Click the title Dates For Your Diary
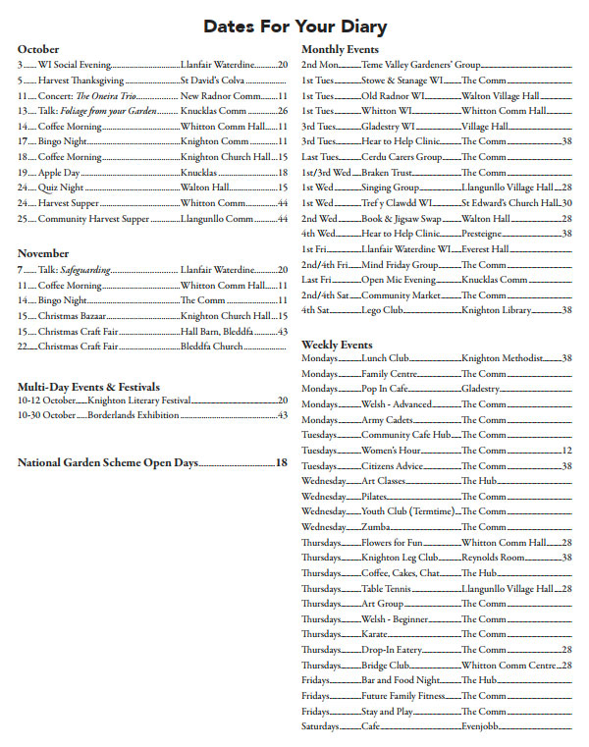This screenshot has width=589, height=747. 294,27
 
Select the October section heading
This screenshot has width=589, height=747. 38,49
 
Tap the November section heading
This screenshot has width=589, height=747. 43,253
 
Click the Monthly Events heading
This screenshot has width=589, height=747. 340,49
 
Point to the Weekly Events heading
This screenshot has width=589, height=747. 337,345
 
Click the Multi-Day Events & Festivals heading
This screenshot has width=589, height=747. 88,387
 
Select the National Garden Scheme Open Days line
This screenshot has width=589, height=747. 108,462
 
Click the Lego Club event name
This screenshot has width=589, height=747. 382,310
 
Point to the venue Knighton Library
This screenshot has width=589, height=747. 496,310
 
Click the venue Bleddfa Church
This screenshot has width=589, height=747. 211,347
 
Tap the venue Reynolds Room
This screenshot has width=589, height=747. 494,558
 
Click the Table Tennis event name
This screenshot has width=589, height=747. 387,588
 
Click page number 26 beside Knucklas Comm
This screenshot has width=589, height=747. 283,111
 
